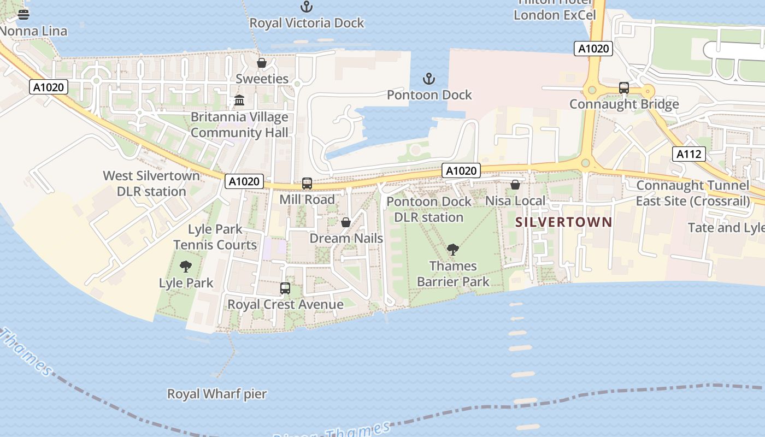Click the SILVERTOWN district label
coord(563,222)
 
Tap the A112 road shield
coord(688,154)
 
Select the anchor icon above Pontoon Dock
coord(429,79)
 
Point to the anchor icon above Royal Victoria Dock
coord(307,7)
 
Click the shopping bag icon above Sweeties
coord(262,63)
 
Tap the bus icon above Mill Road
coord(307,184)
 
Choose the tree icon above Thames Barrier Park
coord(452,250)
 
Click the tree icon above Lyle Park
coord(186,267)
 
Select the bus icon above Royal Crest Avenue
coord(285,288)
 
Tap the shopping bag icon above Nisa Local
coord(515,185)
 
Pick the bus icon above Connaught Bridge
coord(623,88)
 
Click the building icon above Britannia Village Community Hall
coord(239,101)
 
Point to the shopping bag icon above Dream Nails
coord(345,222)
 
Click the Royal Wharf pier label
coord(217,393)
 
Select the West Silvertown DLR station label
coord(151,184)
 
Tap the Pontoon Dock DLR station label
coord(429,209)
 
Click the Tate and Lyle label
coord(726,227)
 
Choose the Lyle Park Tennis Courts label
coord(215,237)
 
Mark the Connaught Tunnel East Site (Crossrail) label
coord(693,193)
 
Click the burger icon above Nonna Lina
coord(23,15)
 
